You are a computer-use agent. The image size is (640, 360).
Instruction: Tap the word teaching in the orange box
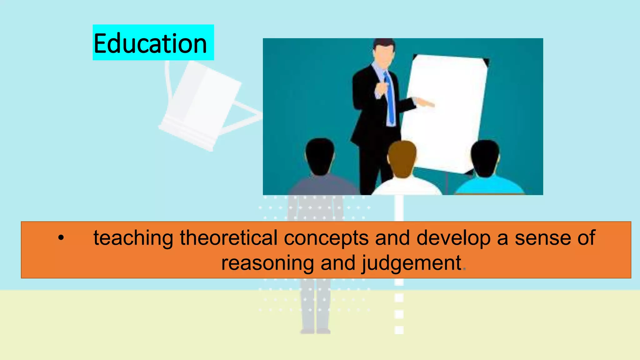coord(133,238)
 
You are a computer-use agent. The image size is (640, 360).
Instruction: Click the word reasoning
coord(267,263)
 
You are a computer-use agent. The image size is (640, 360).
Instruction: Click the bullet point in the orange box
coord(61,238)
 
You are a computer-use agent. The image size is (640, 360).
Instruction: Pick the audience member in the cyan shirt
coord(489,184)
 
